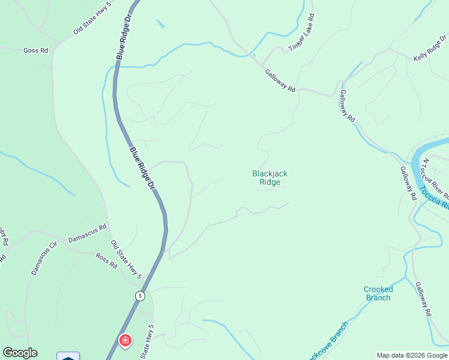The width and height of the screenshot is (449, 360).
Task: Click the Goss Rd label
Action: pyautogui.click(x=35, y=50)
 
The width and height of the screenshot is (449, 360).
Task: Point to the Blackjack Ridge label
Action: pyautogui.click(x=270, y=178)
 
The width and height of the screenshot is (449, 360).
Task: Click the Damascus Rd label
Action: pyautogui.click(x=87, y=233)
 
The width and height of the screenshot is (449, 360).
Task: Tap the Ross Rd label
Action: pyautogui.click(x=106, y=260)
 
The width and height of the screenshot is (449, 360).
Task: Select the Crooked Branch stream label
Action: pyautogui.click(x=378, y=293)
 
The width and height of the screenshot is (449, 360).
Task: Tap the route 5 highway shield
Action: pyautogui.click(x=140, y=296)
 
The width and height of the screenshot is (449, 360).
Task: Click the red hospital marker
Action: pyautogui.click(x=125, y=341)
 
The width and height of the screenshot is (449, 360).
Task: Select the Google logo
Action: pyautogui.click(x=20, y=353)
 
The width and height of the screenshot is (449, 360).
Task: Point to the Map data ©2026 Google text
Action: pyautogui.click(x=412, y=355)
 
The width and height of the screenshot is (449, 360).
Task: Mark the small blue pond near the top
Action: pyautogui.click(x=160, y=24)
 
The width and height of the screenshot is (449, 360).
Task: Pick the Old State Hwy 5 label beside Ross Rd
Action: pyautogui.click(x=126, y=259)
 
